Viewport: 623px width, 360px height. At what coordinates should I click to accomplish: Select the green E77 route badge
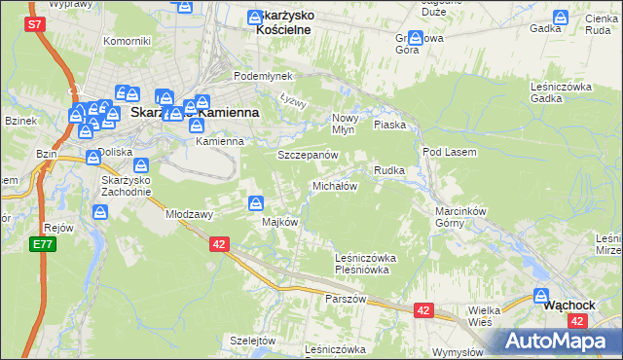click(41, 244)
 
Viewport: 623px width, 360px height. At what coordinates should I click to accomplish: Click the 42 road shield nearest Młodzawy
click(219, 245)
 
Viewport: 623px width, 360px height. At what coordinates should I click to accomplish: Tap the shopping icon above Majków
click(256, 203)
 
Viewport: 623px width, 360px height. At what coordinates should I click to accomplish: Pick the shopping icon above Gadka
click(561, 17)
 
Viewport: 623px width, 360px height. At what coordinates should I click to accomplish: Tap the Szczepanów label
click(308, 155)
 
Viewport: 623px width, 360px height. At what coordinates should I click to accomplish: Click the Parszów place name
click(346, 299)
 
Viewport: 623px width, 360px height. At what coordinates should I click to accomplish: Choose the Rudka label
click(389, 170)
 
